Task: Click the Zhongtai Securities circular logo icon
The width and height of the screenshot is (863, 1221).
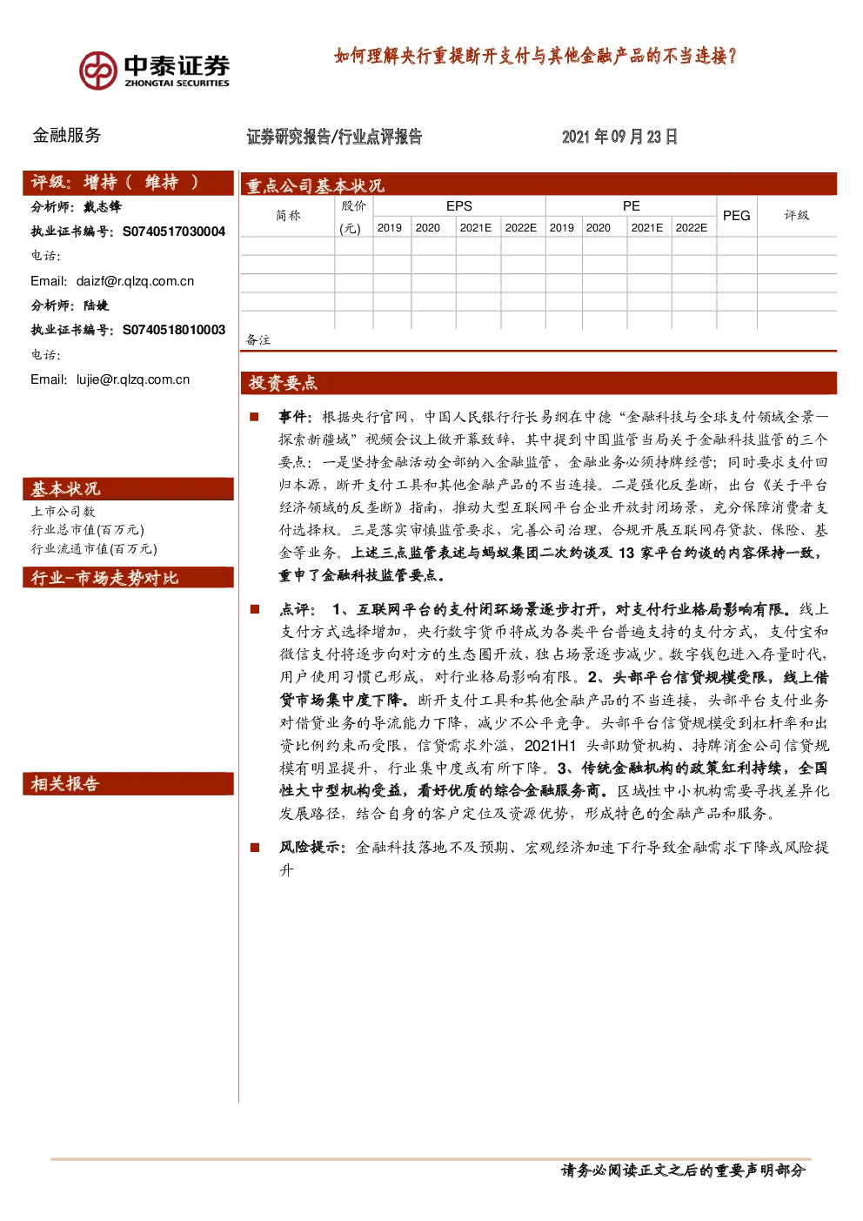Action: point(98,70)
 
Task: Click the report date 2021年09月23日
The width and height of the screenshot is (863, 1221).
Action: point(619,137)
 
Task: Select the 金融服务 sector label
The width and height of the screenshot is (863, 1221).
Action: point(66,135)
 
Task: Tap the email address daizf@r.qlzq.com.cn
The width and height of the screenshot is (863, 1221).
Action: point(135,281)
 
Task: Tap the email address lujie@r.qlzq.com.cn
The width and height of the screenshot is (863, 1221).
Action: point(133,379)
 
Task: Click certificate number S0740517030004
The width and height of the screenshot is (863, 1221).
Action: point(174,231)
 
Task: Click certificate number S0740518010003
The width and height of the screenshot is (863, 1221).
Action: point(174,330)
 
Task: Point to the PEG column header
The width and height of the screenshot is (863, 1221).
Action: point(737,216)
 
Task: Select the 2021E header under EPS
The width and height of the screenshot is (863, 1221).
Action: point(476,228)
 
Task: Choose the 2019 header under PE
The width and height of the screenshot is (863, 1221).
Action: point(562,228)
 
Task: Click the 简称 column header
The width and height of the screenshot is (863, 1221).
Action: point(288,215)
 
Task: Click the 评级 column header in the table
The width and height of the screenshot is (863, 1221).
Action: point(797,215)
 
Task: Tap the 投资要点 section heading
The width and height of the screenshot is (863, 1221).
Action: point(283,383)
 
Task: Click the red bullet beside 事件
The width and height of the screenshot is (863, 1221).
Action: point(254,417)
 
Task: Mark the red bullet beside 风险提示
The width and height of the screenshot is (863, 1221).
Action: point(254,847)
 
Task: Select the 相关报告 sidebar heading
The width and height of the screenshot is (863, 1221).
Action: point(65,784)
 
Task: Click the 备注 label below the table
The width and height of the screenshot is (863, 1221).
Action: point(258,340)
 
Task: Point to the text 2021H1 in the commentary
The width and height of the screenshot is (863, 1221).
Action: point(550,745)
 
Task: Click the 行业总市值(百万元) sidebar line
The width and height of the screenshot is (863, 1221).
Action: point(87,530)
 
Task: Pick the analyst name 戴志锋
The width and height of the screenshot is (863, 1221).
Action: point(103,207)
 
